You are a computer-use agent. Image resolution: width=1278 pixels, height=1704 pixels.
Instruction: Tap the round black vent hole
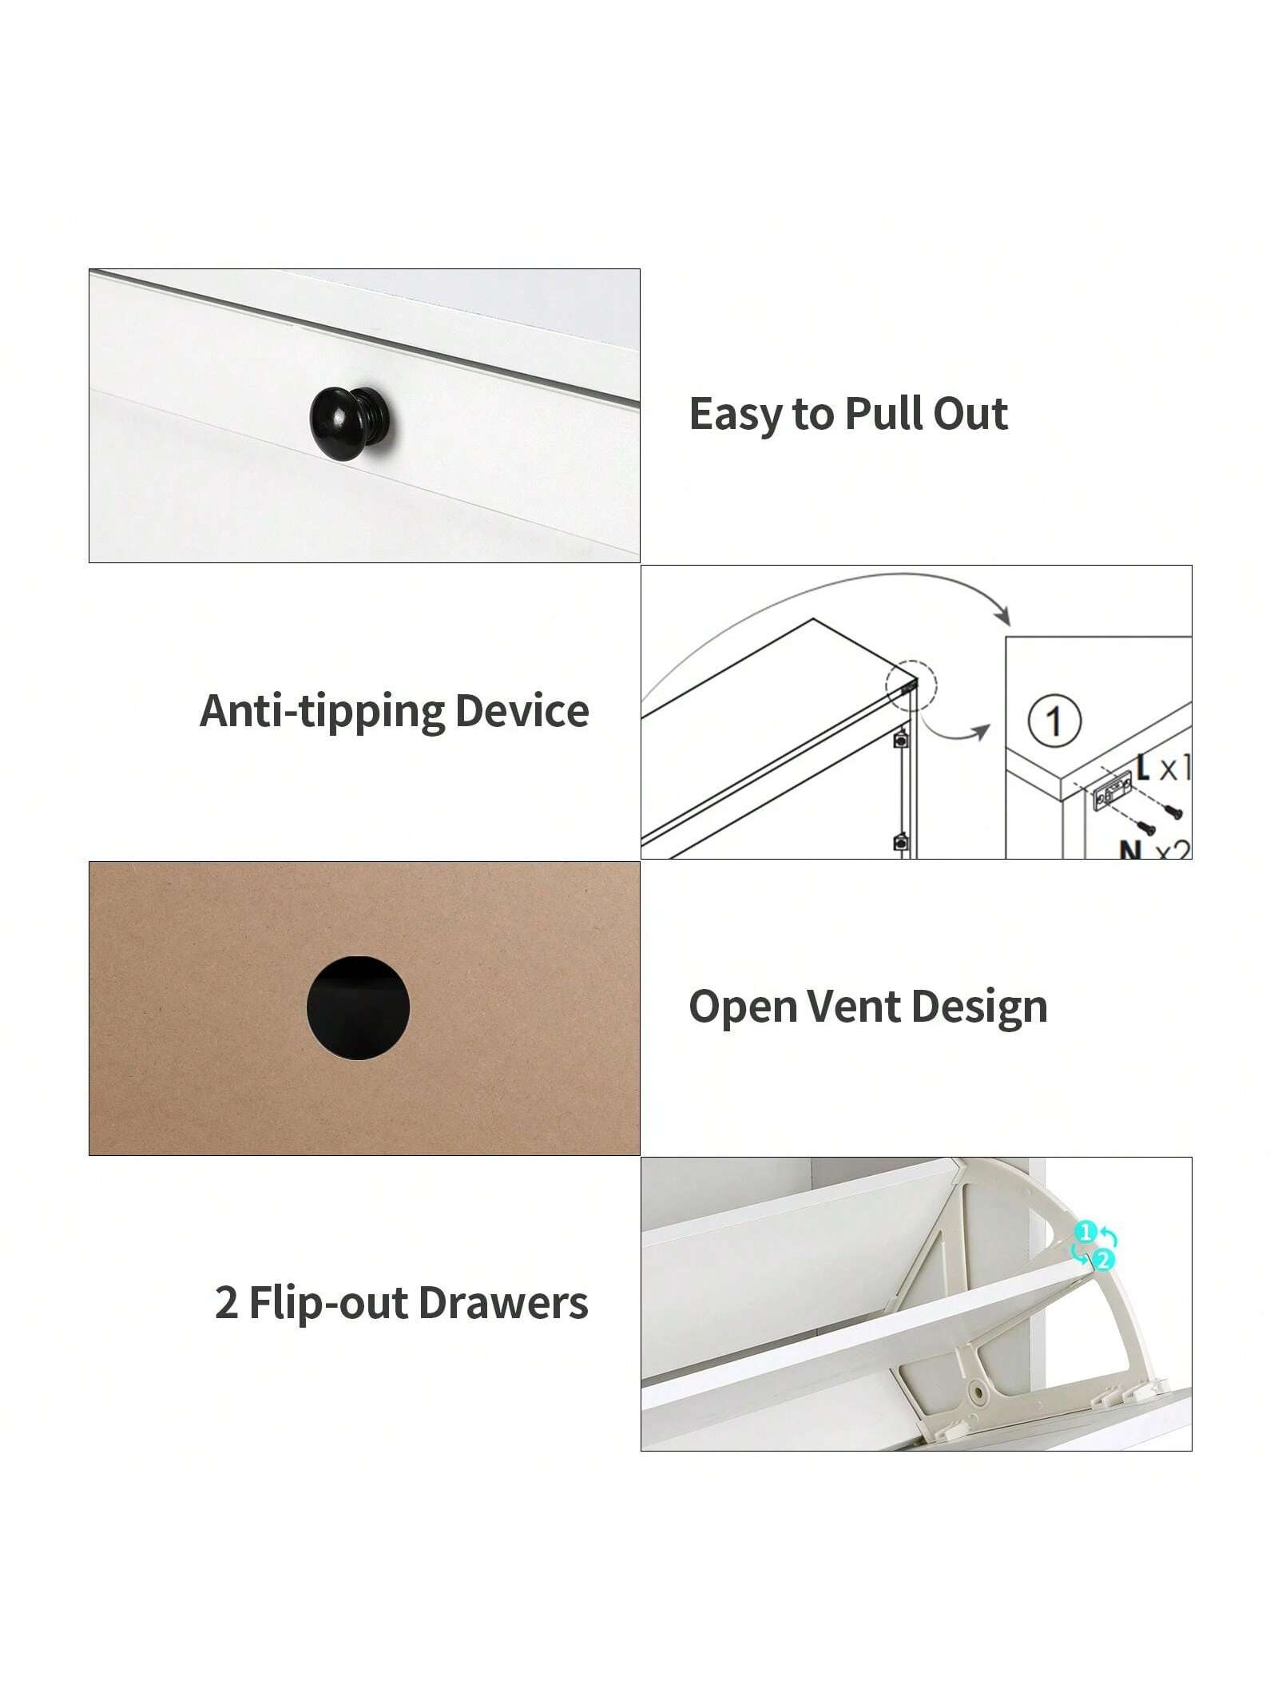[358, 1007]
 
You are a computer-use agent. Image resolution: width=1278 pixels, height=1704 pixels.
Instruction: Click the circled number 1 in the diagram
[1054, 721]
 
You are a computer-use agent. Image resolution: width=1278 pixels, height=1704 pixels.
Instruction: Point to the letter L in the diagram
[1143, 766]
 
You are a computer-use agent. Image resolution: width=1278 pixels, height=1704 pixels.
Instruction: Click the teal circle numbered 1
[1085, 1233]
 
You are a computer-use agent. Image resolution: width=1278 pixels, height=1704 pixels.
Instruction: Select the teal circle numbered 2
[1101, 1260]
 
